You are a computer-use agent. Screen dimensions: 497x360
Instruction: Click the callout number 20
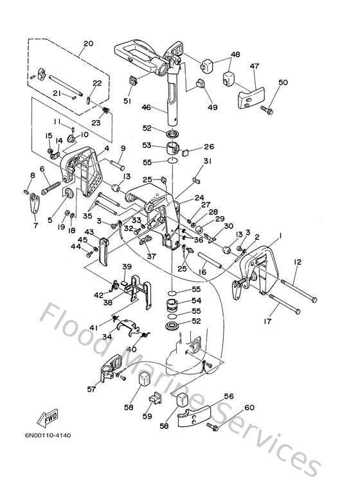tap(88, 44)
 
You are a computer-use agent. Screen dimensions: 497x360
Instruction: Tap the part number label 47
tap(255, 66)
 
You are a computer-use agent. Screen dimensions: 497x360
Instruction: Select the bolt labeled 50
tap(266, 110)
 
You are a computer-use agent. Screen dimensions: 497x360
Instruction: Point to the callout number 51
tap(127, 100)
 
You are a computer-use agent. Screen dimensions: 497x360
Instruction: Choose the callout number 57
tap(92, 389)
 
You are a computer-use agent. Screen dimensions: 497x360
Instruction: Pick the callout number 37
tap(151, 255)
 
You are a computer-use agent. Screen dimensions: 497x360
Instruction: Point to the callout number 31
tap(207, 161)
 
